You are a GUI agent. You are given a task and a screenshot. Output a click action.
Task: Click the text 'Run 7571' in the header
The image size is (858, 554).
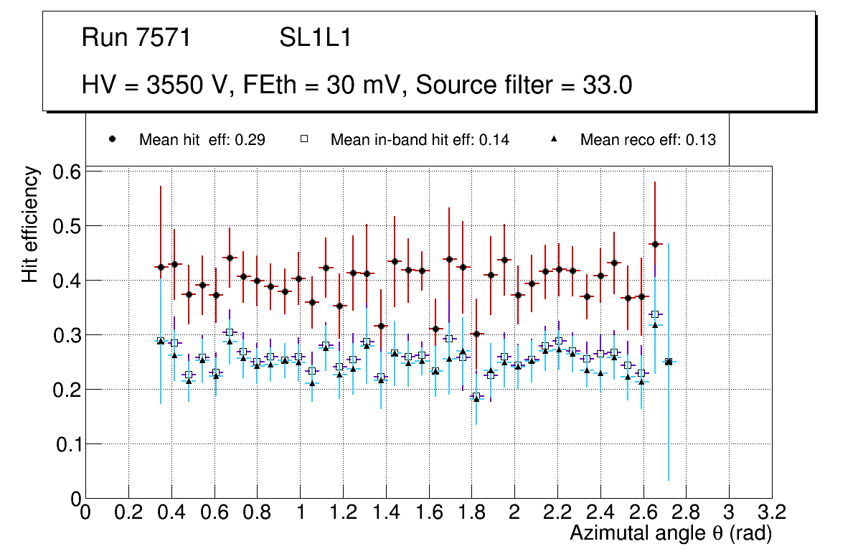[136, 38]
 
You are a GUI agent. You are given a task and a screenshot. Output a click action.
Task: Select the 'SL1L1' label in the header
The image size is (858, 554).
[315, 38]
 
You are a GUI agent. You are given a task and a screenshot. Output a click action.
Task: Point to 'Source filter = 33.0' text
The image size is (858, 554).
[524, 85]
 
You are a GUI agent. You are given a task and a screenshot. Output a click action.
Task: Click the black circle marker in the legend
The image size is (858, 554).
[112, 139]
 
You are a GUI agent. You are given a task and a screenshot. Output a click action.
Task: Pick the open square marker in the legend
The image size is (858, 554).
[304, 139]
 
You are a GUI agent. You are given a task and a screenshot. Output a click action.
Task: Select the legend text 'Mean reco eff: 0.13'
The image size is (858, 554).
[647, 140]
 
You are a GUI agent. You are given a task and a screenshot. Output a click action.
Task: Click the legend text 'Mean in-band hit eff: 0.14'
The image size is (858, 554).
[420, 140]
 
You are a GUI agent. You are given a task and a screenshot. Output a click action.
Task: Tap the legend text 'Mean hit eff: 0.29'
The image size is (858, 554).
[202, 140]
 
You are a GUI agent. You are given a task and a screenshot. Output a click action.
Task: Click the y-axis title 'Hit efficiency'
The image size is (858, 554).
[30, 224]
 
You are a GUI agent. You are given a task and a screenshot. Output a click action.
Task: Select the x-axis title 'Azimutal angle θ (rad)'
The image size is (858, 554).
[670, 533]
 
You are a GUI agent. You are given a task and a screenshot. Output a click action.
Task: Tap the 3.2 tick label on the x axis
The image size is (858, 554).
[771, 512]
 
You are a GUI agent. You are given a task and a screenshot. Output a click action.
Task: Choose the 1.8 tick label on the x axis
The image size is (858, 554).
[471, 512]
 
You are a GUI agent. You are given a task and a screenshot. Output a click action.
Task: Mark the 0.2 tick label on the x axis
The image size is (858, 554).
[128, 512]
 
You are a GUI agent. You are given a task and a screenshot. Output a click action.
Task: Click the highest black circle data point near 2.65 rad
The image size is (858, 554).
[655, 244]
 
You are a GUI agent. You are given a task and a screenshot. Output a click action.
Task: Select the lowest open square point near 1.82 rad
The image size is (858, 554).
[476, 396]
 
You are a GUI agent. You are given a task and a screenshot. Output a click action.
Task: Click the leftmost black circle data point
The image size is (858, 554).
[161, 267]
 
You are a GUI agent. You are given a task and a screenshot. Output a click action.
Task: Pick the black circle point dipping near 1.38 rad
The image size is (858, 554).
[381, 326]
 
